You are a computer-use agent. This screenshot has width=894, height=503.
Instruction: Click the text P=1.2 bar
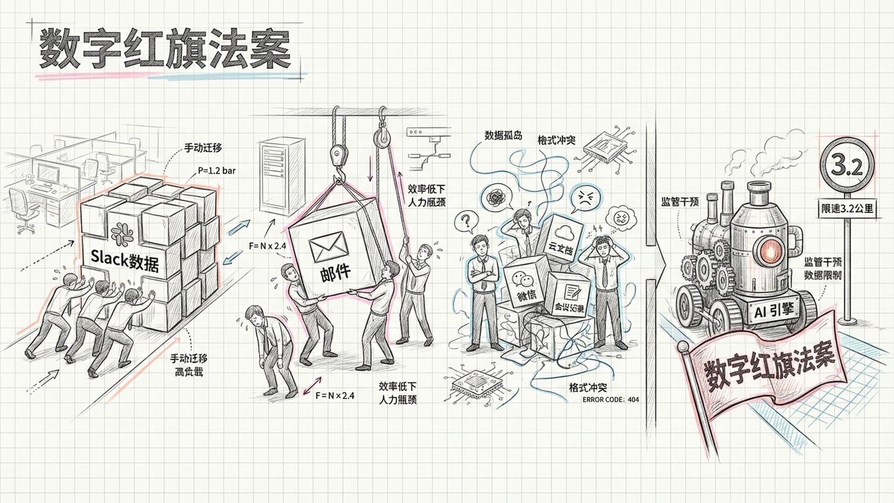pyautogui.click(x=217, y=170)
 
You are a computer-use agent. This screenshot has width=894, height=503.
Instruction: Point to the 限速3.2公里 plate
pyautogui.click(x=847, y=208)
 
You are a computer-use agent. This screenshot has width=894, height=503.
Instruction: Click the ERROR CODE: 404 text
pyautogui.click(x=610, y=400)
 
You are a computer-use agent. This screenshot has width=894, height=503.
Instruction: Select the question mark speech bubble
pyautogui.click(x=464, y=221)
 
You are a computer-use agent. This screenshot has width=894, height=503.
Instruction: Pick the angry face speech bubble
pyautogui.click(x=586, y=199)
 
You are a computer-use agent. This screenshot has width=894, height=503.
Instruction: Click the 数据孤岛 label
pyautogui.click(x=503, y=136)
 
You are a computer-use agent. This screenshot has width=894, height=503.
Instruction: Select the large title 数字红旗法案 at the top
pyautogui.click(x=165, y=50)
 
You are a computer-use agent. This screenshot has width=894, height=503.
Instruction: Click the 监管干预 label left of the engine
pyautogui.click(x=680, y=202)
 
